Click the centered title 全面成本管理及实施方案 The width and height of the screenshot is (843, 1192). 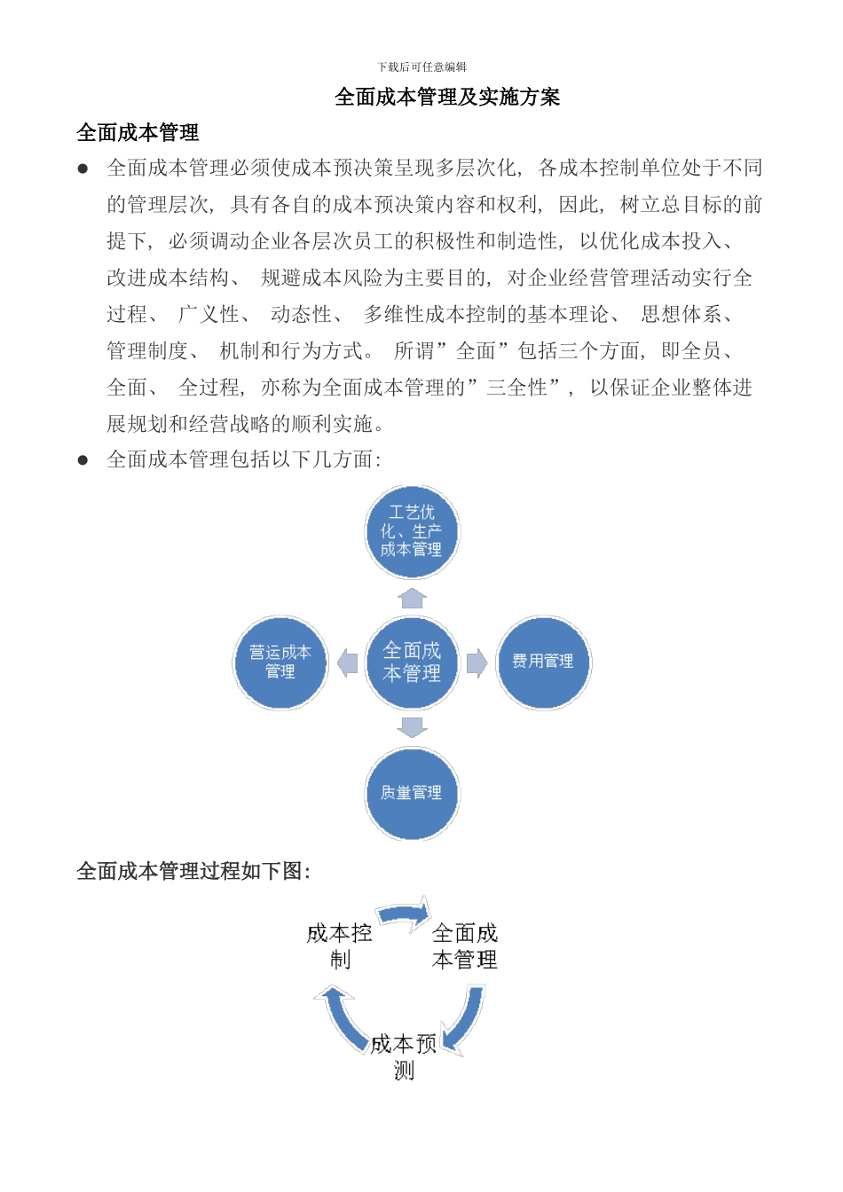click(x=447, y=97)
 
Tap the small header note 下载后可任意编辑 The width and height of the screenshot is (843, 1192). click(x=421, y=67)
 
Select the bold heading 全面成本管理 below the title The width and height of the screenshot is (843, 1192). click(x=138, y=133)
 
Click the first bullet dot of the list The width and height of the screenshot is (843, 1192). click(x=83, y=168)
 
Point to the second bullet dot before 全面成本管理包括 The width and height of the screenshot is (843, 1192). click(x=83, y=459)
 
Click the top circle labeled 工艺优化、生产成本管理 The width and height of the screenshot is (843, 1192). click(x=413, y=531)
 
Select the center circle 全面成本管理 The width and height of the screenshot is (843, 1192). click(x=413, y=663)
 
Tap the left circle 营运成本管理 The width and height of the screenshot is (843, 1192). click(x=280, y=663)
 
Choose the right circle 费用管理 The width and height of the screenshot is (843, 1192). click(x=543, y=663)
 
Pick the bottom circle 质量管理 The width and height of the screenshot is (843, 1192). click(x=413, y=793)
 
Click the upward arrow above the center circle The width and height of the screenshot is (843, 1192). click(x=413, y=598)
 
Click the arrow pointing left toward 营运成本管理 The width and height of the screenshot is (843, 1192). click(x=348, y=663)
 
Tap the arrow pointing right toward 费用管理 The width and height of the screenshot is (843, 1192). click(x=477, y=663)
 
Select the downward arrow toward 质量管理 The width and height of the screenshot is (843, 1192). click(x=413, y=727)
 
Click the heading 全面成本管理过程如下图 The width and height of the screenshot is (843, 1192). click(x=193, y=871)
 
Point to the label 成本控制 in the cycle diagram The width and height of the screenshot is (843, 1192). click(x=340, y=945)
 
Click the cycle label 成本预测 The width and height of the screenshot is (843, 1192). click(x=404, y=1056)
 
